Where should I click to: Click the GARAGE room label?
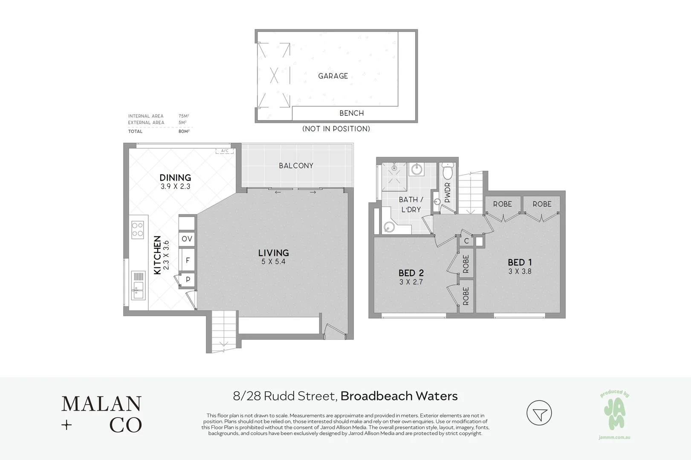(333, 76)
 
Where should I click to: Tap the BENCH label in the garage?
(351, 113)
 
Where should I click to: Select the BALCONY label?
(296, 166)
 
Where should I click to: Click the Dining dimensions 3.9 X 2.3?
(175, 187)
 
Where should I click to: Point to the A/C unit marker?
(225, 151)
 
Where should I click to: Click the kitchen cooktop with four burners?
(137, 229)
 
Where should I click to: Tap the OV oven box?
(187, 239)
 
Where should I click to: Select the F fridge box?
(187, 260)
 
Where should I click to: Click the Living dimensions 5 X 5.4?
(273, 262)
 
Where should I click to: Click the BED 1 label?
(519, 262)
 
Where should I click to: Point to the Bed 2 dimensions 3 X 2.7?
(411, 282)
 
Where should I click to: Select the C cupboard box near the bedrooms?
(466, 241)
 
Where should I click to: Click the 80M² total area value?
(184, 132)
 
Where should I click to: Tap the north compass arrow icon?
(539, 413)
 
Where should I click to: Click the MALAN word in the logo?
(101, 404)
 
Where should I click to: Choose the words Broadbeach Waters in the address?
(399, 396)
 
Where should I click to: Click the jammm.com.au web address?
(614, 437)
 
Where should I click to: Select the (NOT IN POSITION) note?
(336, 129)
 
